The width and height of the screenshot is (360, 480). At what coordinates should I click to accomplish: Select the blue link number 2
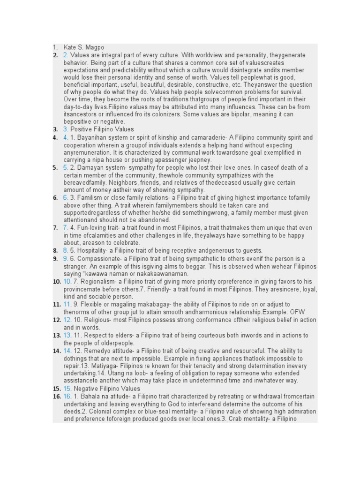click(x=66, y=55)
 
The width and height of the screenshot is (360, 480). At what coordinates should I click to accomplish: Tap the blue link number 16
click(x=67, y=397)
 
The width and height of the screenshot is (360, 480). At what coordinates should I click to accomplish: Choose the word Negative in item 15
click(x=86, y=389)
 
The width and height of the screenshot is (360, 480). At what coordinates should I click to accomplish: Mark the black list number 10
click(x=57, y=281)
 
